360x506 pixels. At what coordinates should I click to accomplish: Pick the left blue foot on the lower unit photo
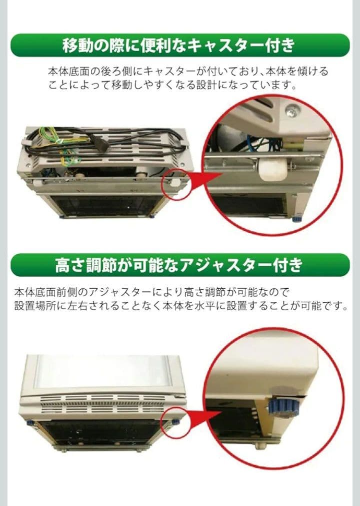point(30,423)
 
